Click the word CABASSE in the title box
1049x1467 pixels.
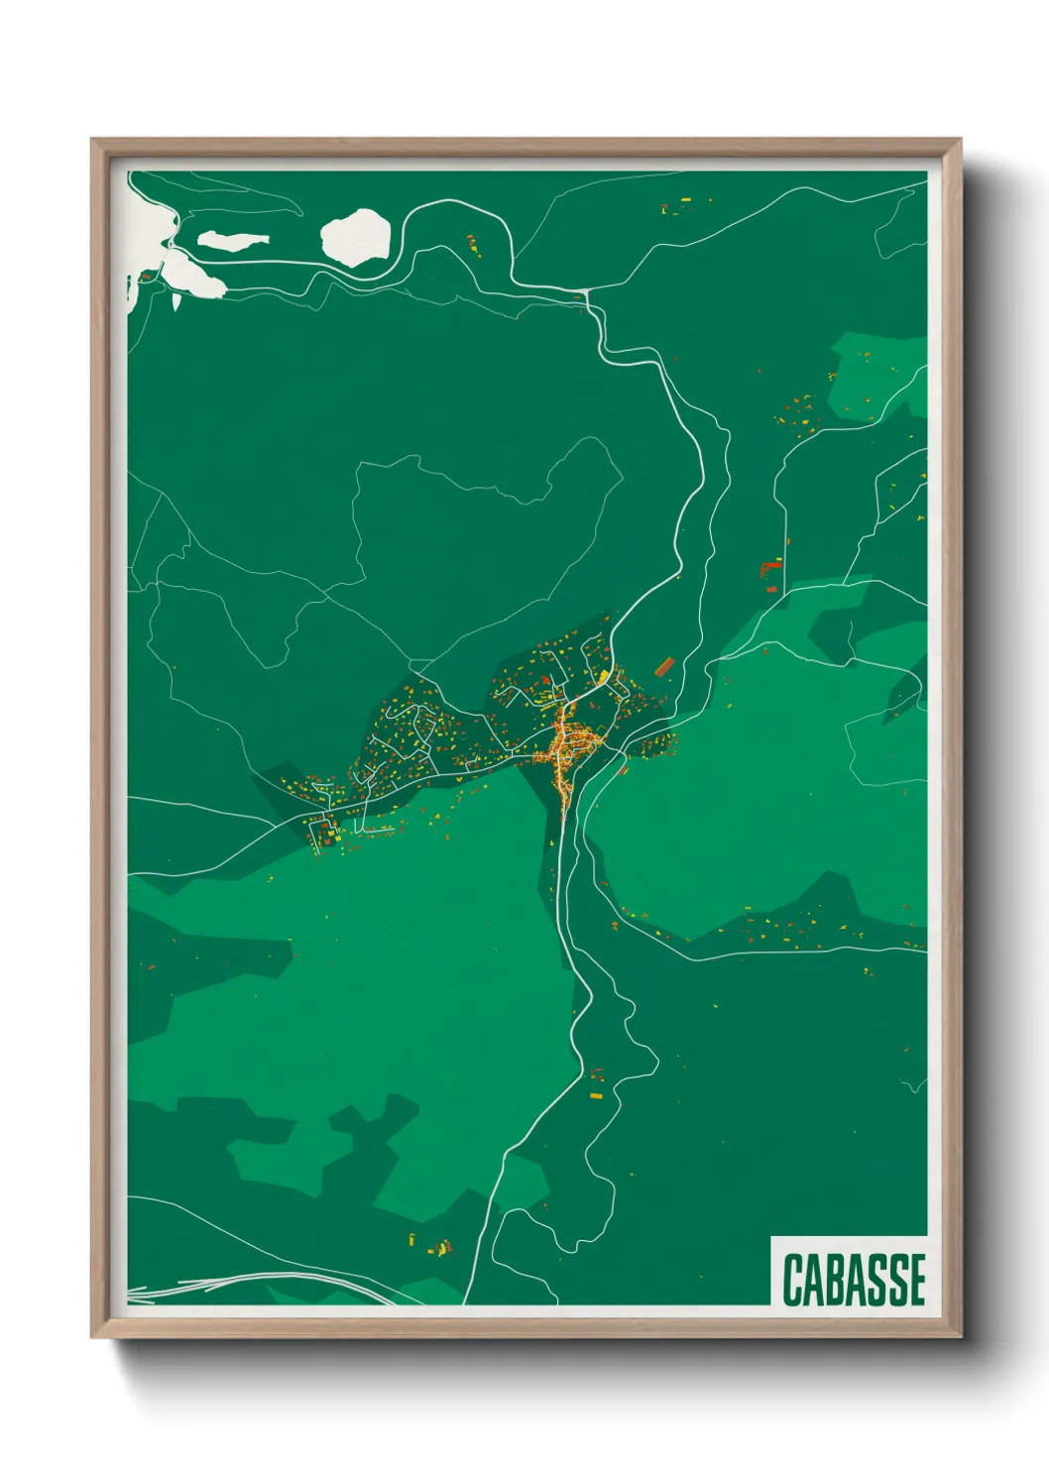pyautogui.click(x=854, y=1280)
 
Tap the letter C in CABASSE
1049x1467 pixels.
pyautogui.click(x=793, y=1280)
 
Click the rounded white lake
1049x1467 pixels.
pyautogui.click(x=355, y=235)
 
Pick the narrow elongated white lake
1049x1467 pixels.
pyautogui.click(x=233, y=239)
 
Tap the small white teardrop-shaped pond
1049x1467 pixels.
pyautogui.click(x=175, y=298)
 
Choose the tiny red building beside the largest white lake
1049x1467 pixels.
pyautogui.click(x=149, y=276)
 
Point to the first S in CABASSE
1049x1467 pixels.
pyautogui.click(x=876, y=1280)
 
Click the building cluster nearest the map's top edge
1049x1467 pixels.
pyautogui.click(x=677, y=207)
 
